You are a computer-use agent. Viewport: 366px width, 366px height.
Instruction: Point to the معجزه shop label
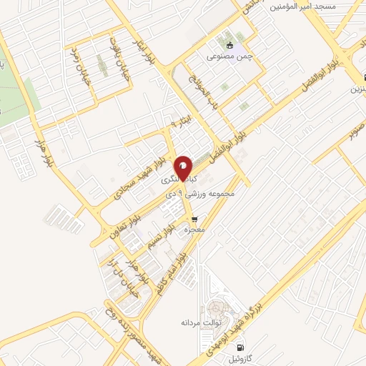[195, 231]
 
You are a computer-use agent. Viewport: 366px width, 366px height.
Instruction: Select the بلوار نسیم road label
[159, 236]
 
